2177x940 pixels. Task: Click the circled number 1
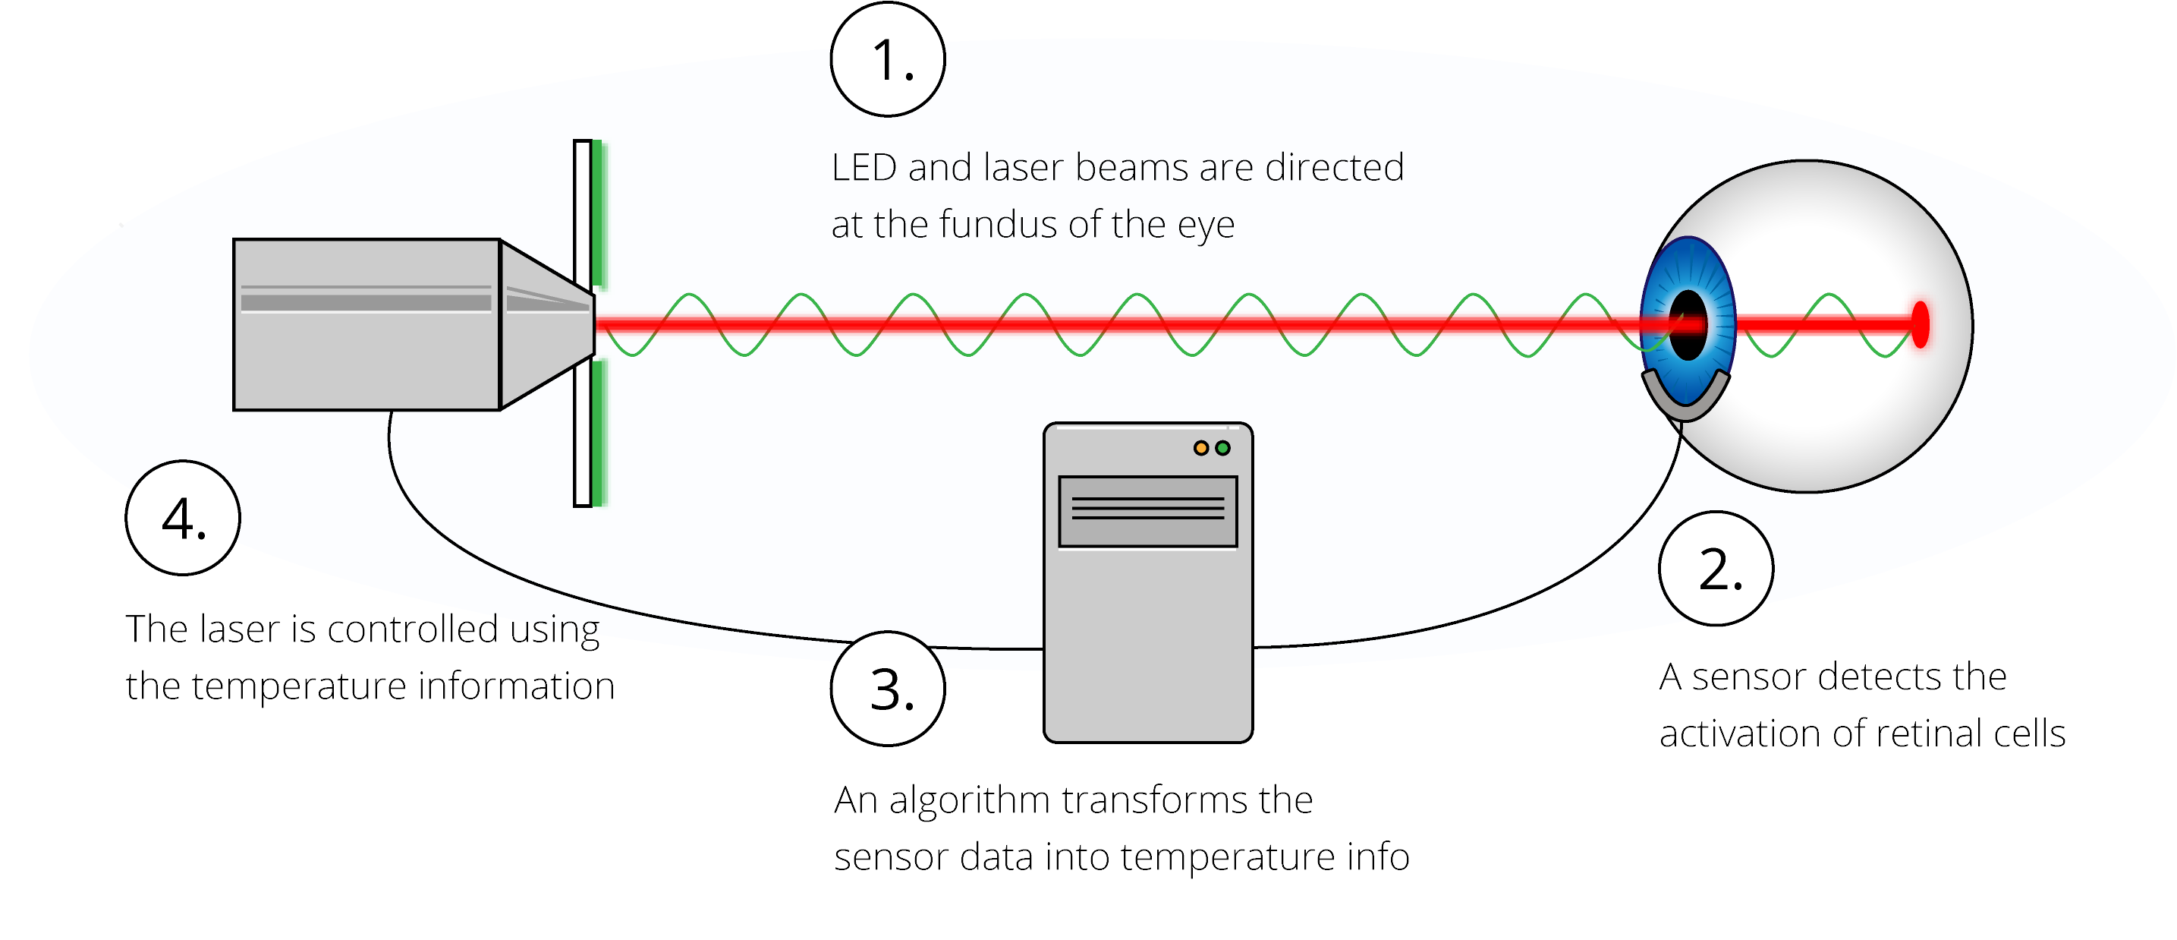887,59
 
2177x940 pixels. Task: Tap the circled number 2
1716,568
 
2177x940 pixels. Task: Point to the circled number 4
183,517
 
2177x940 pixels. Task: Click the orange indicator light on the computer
1201,448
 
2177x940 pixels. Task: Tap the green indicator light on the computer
1222,448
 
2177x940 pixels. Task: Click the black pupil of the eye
1688,326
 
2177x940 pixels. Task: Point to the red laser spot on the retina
1920,325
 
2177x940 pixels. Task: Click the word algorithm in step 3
968,800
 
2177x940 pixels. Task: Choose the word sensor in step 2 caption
1748,677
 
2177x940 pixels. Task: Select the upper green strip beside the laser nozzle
599,213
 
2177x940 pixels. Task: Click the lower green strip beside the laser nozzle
599,433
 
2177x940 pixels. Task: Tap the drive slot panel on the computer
1147,512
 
